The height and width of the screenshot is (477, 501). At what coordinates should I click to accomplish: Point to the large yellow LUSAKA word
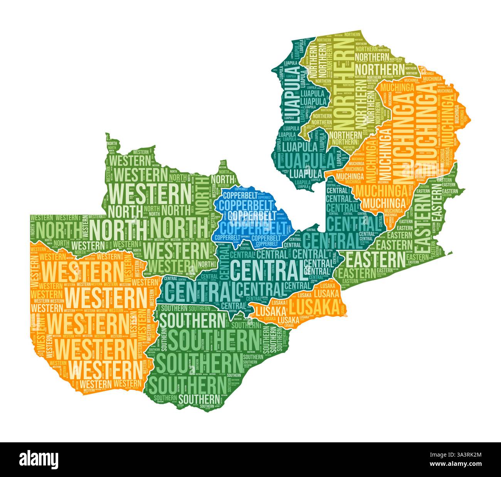click(x=314, y=307)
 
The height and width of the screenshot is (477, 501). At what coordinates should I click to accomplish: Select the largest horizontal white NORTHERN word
click(x=379, y=70)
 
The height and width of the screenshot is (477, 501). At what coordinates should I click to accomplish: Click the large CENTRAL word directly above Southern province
click(x=200, y=291)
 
